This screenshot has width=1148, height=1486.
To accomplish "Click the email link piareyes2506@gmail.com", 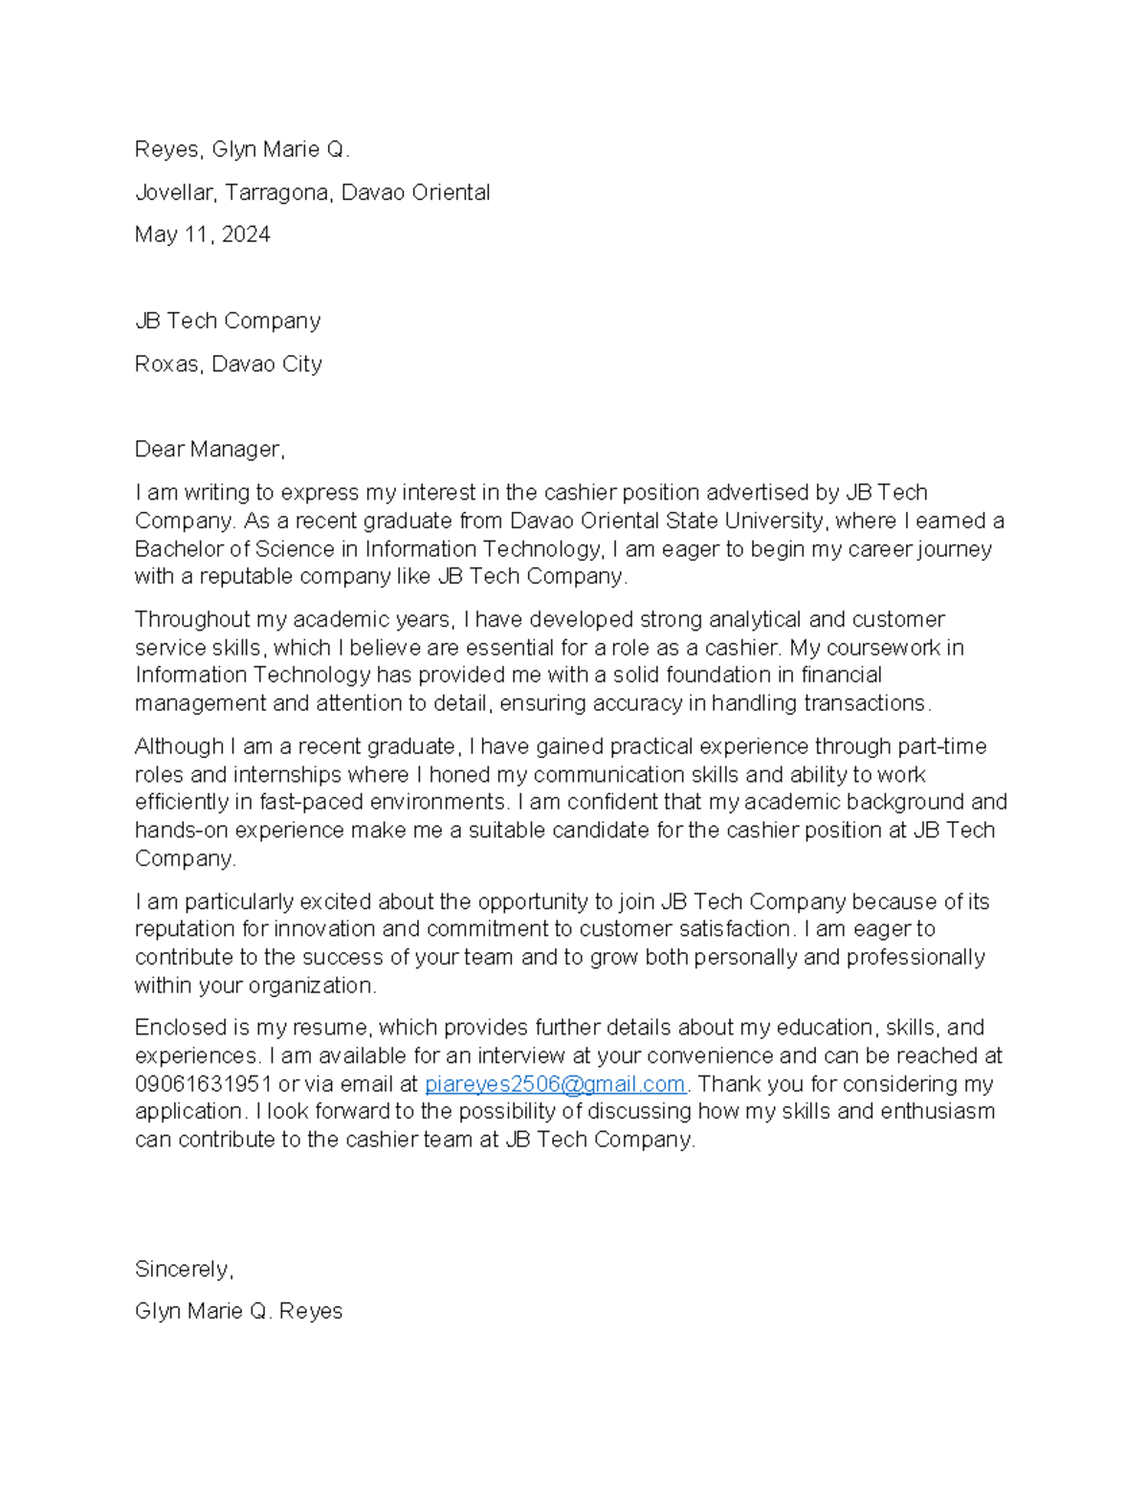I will [555, 1084].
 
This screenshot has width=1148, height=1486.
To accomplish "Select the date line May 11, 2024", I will [202, 234].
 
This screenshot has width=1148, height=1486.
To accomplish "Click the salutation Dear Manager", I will [209, 450].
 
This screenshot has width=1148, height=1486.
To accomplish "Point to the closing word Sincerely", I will [183, 1269].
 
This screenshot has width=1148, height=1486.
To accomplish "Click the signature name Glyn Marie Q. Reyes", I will [238, 1311].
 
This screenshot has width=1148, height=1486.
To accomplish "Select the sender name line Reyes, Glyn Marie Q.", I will [242, 149].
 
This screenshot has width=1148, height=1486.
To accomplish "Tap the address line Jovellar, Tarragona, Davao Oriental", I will [312, 192].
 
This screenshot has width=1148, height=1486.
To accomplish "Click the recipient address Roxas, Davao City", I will [228, 364].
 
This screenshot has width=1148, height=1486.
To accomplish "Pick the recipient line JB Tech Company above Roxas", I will [228, 321].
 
